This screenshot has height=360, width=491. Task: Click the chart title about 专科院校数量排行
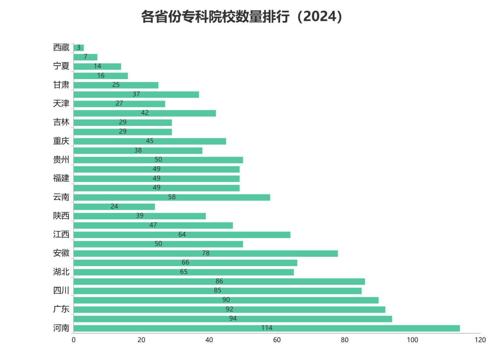(242, 17)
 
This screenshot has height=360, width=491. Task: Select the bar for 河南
(266, 328)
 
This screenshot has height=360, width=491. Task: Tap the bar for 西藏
(79, 48)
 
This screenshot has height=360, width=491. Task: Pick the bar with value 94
(233, 319)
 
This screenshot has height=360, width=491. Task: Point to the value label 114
(267, 328)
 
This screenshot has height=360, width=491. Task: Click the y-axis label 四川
(61, 291)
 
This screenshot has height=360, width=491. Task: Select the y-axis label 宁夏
(61, 66)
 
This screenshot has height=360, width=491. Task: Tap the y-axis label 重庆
(61, 141)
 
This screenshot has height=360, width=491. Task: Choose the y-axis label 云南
(61, 197)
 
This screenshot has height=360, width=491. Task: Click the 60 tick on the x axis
(277, 340)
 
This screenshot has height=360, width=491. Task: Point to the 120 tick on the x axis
(480, 340)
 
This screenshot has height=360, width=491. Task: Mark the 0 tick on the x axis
(74, 340)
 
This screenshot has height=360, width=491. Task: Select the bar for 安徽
(206, 253)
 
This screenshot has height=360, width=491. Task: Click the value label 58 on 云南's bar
(172, 197)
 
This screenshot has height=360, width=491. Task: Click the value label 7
(86, 57)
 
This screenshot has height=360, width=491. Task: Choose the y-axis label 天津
(61, 104)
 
